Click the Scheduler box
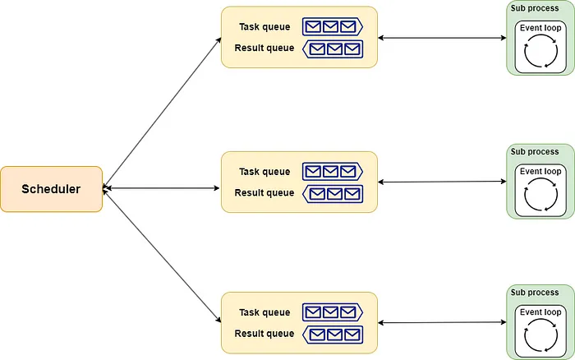(51, 189)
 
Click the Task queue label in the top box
(264, 27)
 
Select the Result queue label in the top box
(264, 48)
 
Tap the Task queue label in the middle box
(264, 172)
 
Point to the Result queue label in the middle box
(264, 193)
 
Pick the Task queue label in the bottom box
(264, 312)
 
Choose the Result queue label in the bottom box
(264, 334)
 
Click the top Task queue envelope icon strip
(332, 27)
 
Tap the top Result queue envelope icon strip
(332, 48)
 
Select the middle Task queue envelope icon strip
(332, 172)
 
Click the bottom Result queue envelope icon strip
(332, 334)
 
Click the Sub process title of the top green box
(535, 7)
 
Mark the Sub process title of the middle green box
(535, 151)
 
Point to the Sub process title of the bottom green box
(535, 293)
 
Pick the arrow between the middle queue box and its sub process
(442, 182)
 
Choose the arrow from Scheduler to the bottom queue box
(163, 256)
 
